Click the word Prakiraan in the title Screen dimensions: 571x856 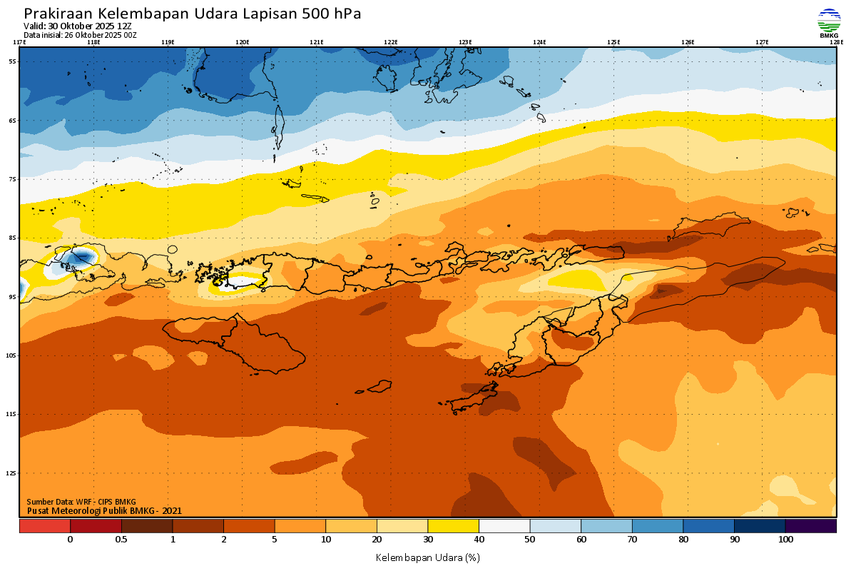pos(57,14)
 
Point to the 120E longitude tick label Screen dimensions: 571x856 pos(243,42)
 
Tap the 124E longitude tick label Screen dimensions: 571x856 pos(539,42)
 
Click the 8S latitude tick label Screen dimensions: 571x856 pos(13,238)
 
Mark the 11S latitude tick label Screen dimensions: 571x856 pos(13,414)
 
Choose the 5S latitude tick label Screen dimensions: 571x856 pos(13,61)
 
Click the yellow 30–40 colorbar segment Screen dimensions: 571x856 pos(453,526)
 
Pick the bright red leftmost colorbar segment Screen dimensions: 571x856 pos(44,526)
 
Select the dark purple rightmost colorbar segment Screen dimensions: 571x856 pos(810,526)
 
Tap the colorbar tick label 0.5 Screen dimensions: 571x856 pos(121,540)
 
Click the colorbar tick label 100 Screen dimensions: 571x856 pos(785,540)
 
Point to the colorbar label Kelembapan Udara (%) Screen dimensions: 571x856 pos(428,557)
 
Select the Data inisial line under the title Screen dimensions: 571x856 pos(80,34)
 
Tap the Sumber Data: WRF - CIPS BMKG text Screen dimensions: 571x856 pos(81,502)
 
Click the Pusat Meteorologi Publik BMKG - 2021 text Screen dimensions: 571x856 pos(104,510)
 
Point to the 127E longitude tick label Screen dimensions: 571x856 pos(762,42)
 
